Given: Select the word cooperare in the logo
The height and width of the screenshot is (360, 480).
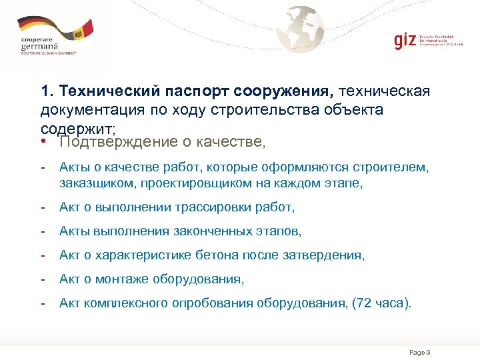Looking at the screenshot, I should (39, 39).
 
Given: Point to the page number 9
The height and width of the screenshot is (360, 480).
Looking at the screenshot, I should (429, 352).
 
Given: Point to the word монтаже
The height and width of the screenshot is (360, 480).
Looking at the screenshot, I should (130, 279).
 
